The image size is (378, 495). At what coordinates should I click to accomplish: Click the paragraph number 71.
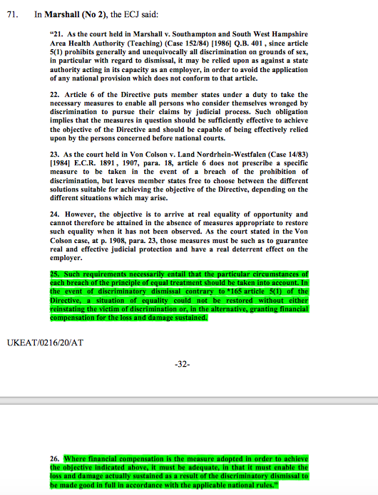pyautogui.click(x=11, y=13)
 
